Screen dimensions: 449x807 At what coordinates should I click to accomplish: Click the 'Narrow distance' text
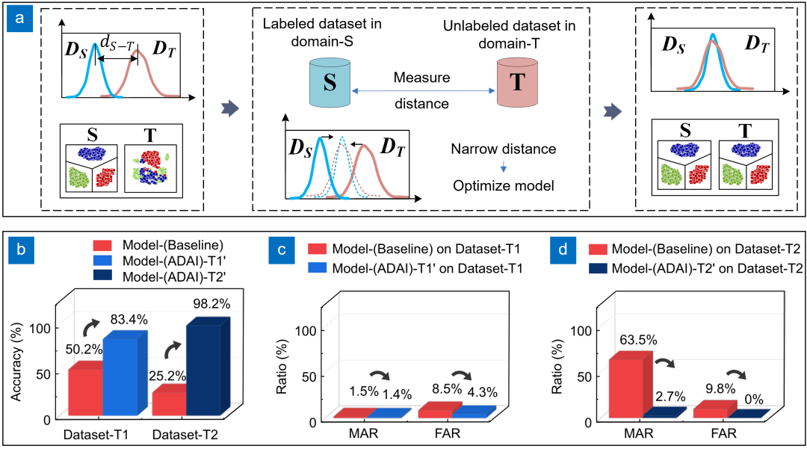click(x=503, y=149)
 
